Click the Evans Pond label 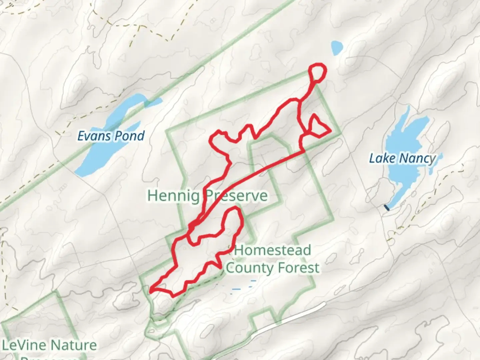(x=111, y=136)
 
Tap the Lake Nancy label (x=402, y=158)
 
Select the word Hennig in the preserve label (x=173, y=195)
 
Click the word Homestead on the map (x=273, y=250)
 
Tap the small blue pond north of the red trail (x=337, y=48)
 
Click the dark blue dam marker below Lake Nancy (x=387, y=208)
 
